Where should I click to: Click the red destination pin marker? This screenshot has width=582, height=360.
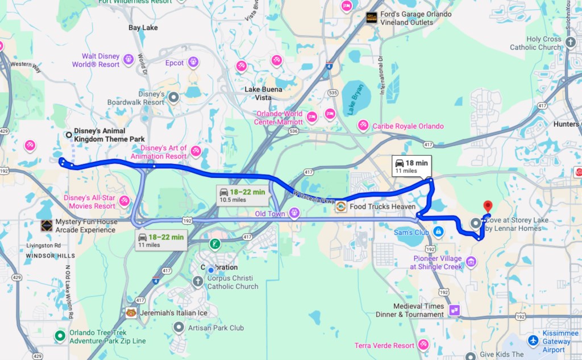[x=487, y=207]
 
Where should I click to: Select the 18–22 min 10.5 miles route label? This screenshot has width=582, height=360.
[x=242, y=195]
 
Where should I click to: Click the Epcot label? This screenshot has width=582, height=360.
[x=174, y=63]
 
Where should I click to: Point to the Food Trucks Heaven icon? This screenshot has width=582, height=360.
[x=341, y=206]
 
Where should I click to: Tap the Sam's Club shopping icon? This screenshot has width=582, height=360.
[x=438, y=232]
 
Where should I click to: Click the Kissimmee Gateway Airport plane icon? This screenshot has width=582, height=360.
[x=533, y=341]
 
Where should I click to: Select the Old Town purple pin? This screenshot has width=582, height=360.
[x=294, y=213]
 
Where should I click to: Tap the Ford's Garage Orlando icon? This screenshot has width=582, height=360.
[x=372, y=18]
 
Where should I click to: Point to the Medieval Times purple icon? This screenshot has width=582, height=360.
[x=454, y=310]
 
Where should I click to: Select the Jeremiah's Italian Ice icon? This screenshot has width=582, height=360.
[x=131, y=313]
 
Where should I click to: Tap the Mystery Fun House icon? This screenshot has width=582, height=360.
[x=47, y=225]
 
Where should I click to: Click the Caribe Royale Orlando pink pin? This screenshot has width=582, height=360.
[x=363, y=126]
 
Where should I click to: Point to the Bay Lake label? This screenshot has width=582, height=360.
[x=143, y=27]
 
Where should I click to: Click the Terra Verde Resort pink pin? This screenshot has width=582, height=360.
[x=423, y=345]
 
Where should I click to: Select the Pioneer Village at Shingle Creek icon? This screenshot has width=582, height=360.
[x=471, y=262]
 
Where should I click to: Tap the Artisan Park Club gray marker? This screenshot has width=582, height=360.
[x=179, y=328]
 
